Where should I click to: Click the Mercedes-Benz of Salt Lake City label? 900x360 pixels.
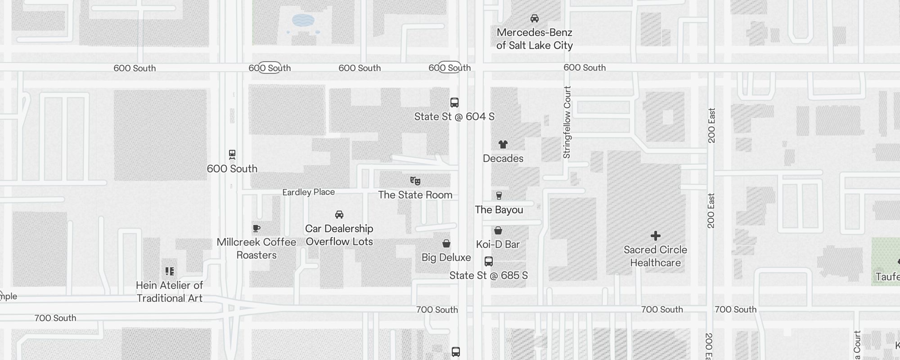[x=534, y=39]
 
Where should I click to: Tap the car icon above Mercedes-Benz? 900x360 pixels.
[x=535, y=18]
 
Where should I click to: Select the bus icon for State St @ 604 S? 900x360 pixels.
[x=454, y=103]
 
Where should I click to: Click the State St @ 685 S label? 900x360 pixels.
[x=488, y=275]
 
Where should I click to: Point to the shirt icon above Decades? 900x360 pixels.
[x=503, y=144]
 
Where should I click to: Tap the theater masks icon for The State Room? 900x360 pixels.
[x=415, y=181]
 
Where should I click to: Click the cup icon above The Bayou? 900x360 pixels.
[x=499, y=196]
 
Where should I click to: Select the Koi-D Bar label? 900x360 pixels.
[x=498, y=244]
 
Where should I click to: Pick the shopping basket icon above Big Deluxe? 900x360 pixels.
[x=446, y=243]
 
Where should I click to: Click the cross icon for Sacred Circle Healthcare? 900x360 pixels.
[x=656, y=236]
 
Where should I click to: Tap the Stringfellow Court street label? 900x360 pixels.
[x=567, y=122]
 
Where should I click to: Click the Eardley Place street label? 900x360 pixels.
[x=308, y=192]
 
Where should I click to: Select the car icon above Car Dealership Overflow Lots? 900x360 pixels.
[x=339, y=215]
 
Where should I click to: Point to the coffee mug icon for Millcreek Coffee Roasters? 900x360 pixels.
[x=256, y=229]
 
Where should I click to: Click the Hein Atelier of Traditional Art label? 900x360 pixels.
[x=170, y=292]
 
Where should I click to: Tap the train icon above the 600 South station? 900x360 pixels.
[x=232, y=155]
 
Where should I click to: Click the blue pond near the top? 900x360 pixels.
[x=303, y=20]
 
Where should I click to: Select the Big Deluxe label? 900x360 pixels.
[x=446, y=257]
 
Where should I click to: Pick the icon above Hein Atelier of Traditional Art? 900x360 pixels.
[x=170, y=271]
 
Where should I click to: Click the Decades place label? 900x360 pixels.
[x=503, y=158]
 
